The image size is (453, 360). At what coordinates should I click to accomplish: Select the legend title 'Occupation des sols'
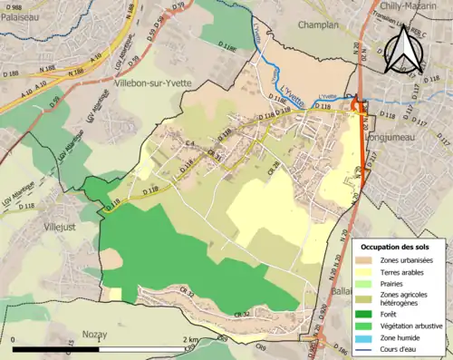click(398, 247)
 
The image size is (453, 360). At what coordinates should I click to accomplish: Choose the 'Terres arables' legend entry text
click(410, 271)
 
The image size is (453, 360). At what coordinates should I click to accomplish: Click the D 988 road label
click(11, 7)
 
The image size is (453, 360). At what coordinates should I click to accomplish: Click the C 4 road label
click(191, 145)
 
